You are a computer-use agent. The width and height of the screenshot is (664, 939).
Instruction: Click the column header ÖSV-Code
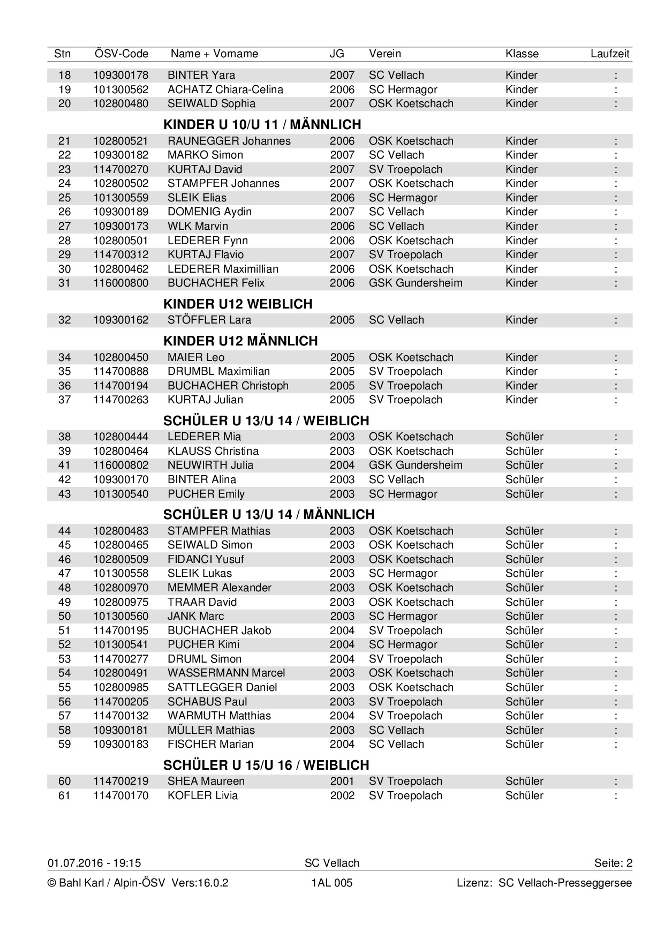coord(121,54)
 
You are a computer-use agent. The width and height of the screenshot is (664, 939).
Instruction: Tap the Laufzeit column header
coord(610,54)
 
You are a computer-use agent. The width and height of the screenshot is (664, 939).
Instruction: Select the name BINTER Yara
coord(201,75)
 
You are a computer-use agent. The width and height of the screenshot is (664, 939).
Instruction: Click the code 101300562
coord(120,89)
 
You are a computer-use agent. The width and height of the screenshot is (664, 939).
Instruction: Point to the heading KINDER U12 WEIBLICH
coord(237,304)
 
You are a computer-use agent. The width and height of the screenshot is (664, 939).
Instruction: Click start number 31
coord(64,283)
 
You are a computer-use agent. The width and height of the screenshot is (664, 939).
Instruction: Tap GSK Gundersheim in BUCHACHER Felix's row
coord(415,283)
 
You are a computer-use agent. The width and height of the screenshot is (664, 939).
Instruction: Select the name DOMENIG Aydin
coord(209,212)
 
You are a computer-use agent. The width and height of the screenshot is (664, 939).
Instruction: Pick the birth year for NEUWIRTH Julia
coord(342,465)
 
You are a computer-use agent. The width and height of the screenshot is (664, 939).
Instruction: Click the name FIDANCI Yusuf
coord(205,559)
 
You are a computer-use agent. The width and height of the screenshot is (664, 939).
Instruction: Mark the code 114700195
coord(120,630)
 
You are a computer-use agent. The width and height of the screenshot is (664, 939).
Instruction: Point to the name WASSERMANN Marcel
coord(226,673)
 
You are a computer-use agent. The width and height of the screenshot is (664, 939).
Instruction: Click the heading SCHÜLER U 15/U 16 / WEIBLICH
coord(266,765)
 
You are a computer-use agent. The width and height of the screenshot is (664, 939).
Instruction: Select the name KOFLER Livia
coord(202,795)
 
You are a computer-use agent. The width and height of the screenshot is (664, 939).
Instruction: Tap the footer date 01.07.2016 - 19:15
coord(94,863)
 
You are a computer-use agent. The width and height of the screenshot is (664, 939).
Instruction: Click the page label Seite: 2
coord(613,863)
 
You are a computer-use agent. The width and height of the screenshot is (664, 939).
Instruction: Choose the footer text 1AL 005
coord(331,883)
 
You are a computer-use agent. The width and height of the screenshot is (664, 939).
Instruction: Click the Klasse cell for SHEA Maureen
coord(524,781)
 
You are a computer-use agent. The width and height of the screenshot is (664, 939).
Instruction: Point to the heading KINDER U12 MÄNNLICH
coord(240,341)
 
